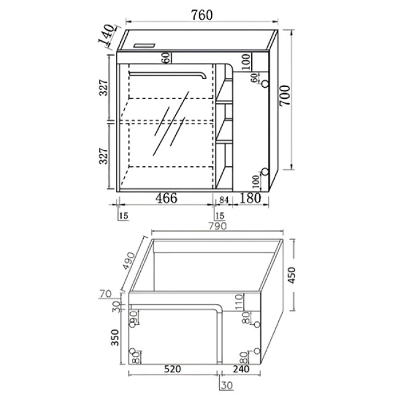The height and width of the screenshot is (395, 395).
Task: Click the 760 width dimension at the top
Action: [x=202, y=15]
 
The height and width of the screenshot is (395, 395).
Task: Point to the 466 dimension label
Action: [x=166, y=197]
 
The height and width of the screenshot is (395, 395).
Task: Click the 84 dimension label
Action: [x=223, y=200]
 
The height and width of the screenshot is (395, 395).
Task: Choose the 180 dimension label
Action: [x=249, y=198]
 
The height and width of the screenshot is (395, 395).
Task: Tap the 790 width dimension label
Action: [x=217, y=226]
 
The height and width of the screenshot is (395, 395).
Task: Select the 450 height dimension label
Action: [x=292, y=275]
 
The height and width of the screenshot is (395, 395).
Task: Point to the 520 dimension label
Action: [x=173, y=369]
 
